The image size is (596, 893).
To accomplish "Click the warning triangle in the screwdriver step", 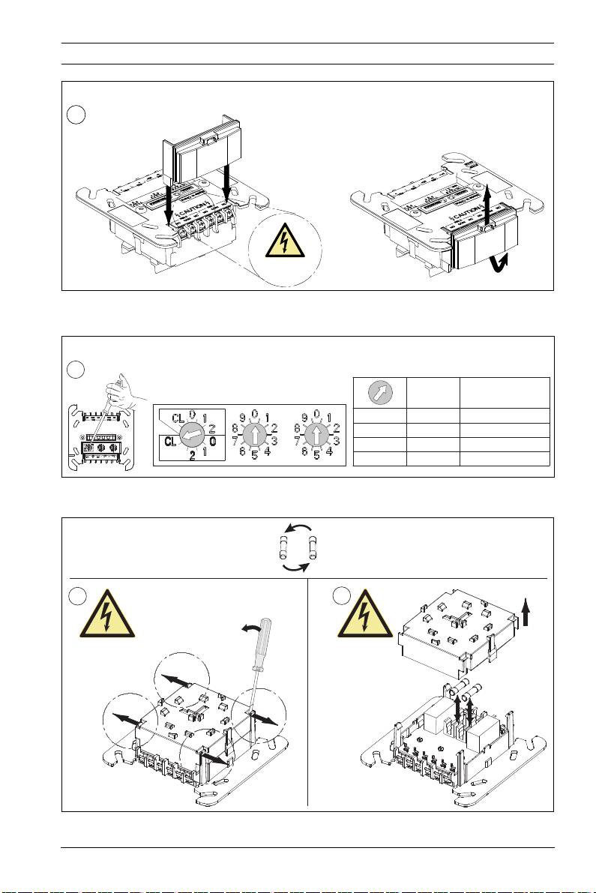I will (108, 613).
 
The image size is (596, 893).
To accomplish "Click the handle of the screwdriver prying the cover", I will (263, 637).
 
